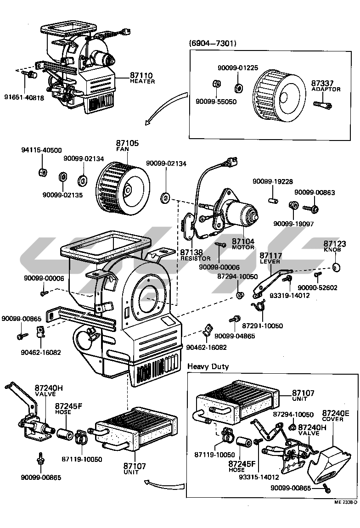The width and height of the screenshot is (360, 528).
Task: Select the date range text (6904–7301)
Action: click(213, 43)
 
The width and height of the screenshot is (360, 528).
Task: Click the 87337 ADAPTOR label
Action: click(326, 85)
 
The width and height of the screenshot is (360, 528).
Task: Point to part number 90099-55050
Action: click(216, 101)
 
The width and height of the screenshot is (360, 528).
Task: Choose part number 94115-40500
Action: click(41, 150)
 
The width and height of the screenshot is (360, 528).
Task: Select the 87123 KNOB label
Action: click(335, 247)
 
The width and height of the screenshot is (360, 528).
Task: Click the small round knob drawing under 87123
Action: click(337, 267)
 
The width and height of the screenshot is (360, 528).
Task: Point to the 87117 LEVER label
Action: click(271, 258)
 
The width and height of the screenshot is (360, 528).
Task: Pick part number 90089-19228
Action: click(272, 181)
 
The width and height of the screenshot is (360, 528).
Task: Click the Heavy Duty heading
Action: click(208, 366)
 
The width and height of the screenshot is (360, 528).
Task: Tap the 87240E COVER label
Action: click(335, 416)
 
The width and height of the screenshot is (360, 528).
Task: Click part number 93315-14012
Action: click(259, 477)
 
